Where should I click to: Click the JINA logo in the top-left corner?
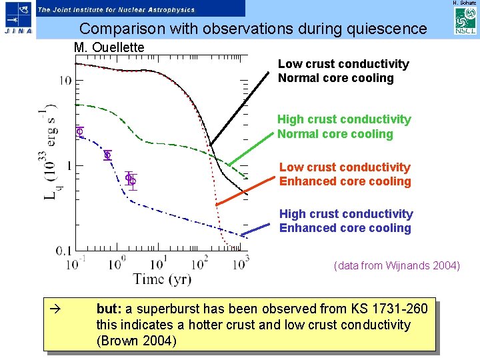pos(17,19)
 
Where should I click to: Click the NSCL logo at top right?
pos(465,23)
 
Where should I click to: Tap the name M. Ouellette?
pos(109,48)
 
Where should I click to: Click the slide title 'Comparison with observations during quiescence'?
pos(253,29)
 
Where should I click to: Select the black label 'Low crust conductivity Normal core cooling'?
pos(343,71)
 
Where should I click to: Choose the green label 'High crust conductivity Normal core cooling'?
pos(344,127)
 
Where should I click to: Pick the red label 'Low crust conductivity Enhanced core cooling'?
pos(345,174)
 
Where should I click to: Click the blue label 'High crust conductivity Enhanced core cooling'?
pos(345,221)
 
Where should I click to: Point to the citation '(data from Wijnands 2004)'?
pos(397,266)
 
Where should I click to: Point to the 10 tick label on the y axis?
pos(65,81)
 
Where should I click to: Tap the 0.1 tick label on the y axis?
pos(64,251)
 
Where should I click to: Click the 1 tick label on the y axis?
pos(68,165)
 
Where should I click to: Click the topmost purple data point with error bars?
pos(79,131)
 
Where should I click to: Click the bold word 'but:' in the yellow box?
pos(108,309)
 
